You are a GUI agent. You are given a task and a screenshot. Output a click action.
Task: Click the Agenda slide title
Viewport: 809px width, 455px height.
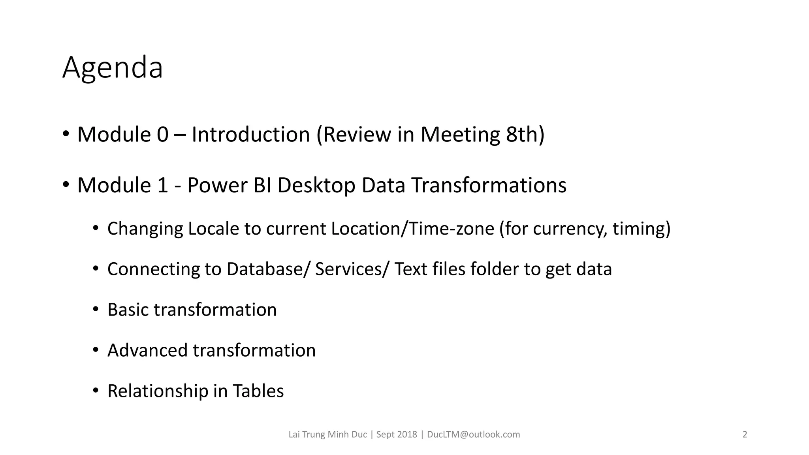pos(113,68)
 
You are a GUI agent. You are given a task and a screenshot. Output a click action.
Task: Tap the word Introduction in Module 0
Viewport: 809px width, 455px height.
pos(250,135)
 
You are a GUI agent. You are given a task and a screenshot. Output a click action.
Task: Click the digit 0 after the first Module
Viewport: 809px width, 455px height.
pos(162,135)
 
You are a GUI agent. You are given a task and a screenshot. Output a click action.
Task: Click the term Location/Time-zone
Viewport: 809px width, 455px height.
pos(412,229)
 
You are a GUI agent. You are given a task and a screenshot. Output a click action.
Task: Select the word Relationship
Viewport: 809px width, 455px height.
pos(158,391)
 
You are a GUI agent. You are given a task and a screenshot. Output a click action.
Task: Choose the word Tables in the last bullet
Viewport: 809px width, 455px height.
pos(258,391)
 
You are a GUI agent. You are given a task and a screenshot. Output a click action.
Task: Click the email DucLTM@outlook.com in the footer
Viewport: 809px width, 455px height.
pos(473,434)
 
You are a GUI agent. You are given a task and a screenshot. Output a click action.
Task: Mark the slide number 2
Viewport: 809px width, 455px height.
pos(745,434)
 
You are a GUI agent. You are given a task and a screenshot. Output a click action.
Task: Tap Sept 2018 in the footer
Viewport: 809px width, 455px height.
pos(396,434)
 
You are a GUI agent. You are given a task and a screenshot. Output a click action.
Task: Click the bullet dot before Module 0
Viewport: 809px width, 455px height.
pos(66,133)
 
